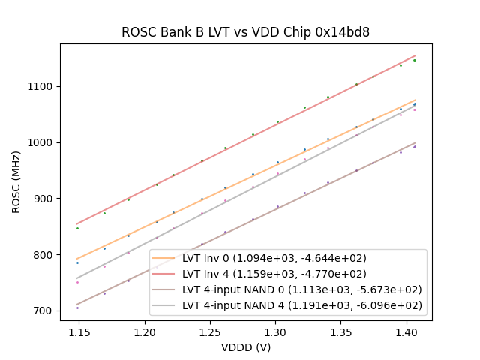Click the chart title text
[245, 33]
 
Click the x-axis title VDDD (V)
[245, 347]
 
